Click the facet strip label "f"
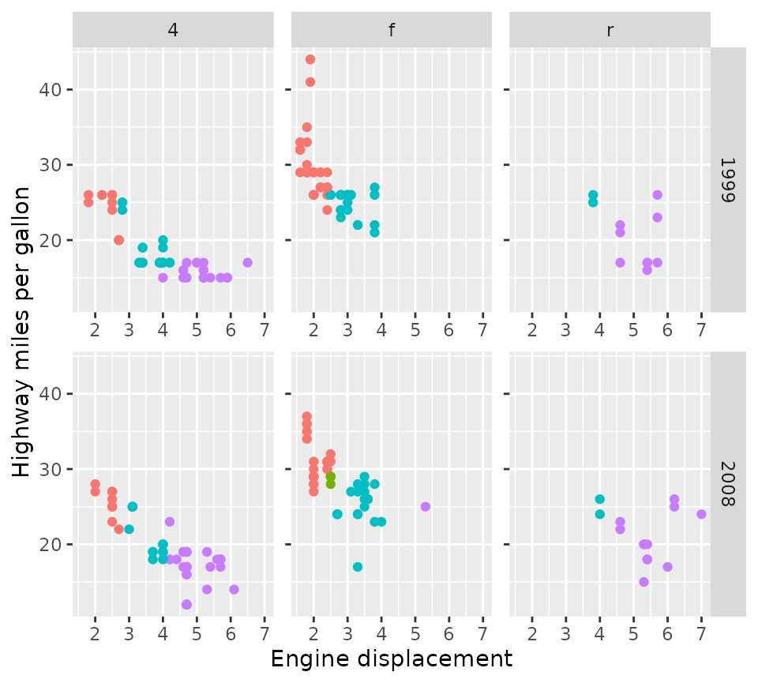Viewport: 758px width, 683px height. (392, 31)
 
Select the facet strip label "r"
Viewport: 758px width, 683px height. (610, 31)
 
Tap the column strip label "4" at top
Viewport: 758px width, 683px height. (173, 31)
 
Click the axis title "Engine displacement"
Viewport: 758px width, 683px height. (392, 659)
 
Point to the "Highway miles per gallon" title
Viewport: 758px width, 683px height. (22, 332)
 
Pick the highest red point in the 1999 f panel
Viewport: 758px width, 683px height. (310, 59)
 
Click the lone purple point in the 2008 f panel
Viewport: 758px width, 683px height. (426, 507)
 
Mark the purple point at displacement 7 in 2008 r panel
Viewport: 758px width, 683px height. (701, 514)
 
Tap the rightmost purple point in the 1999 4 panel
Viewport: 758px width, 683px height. (247, 263)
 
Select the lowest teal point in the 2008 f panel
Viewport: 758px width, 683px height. (358, 567)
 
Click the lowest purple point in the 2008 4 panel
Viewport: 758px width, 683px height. (186, 605)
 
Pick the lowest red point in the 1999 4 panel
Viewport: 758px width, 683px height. (118, 240)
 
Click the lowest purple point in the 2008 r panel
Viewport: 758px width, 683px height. (644, 582)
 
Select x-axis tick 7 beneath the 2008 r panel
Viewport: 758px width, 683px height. (701, 633)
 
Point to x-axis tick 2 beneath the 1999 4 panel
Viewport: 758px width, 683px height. (96, 328)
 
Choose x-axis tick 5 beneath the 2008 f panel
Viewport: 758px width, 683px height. (415, 633)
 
